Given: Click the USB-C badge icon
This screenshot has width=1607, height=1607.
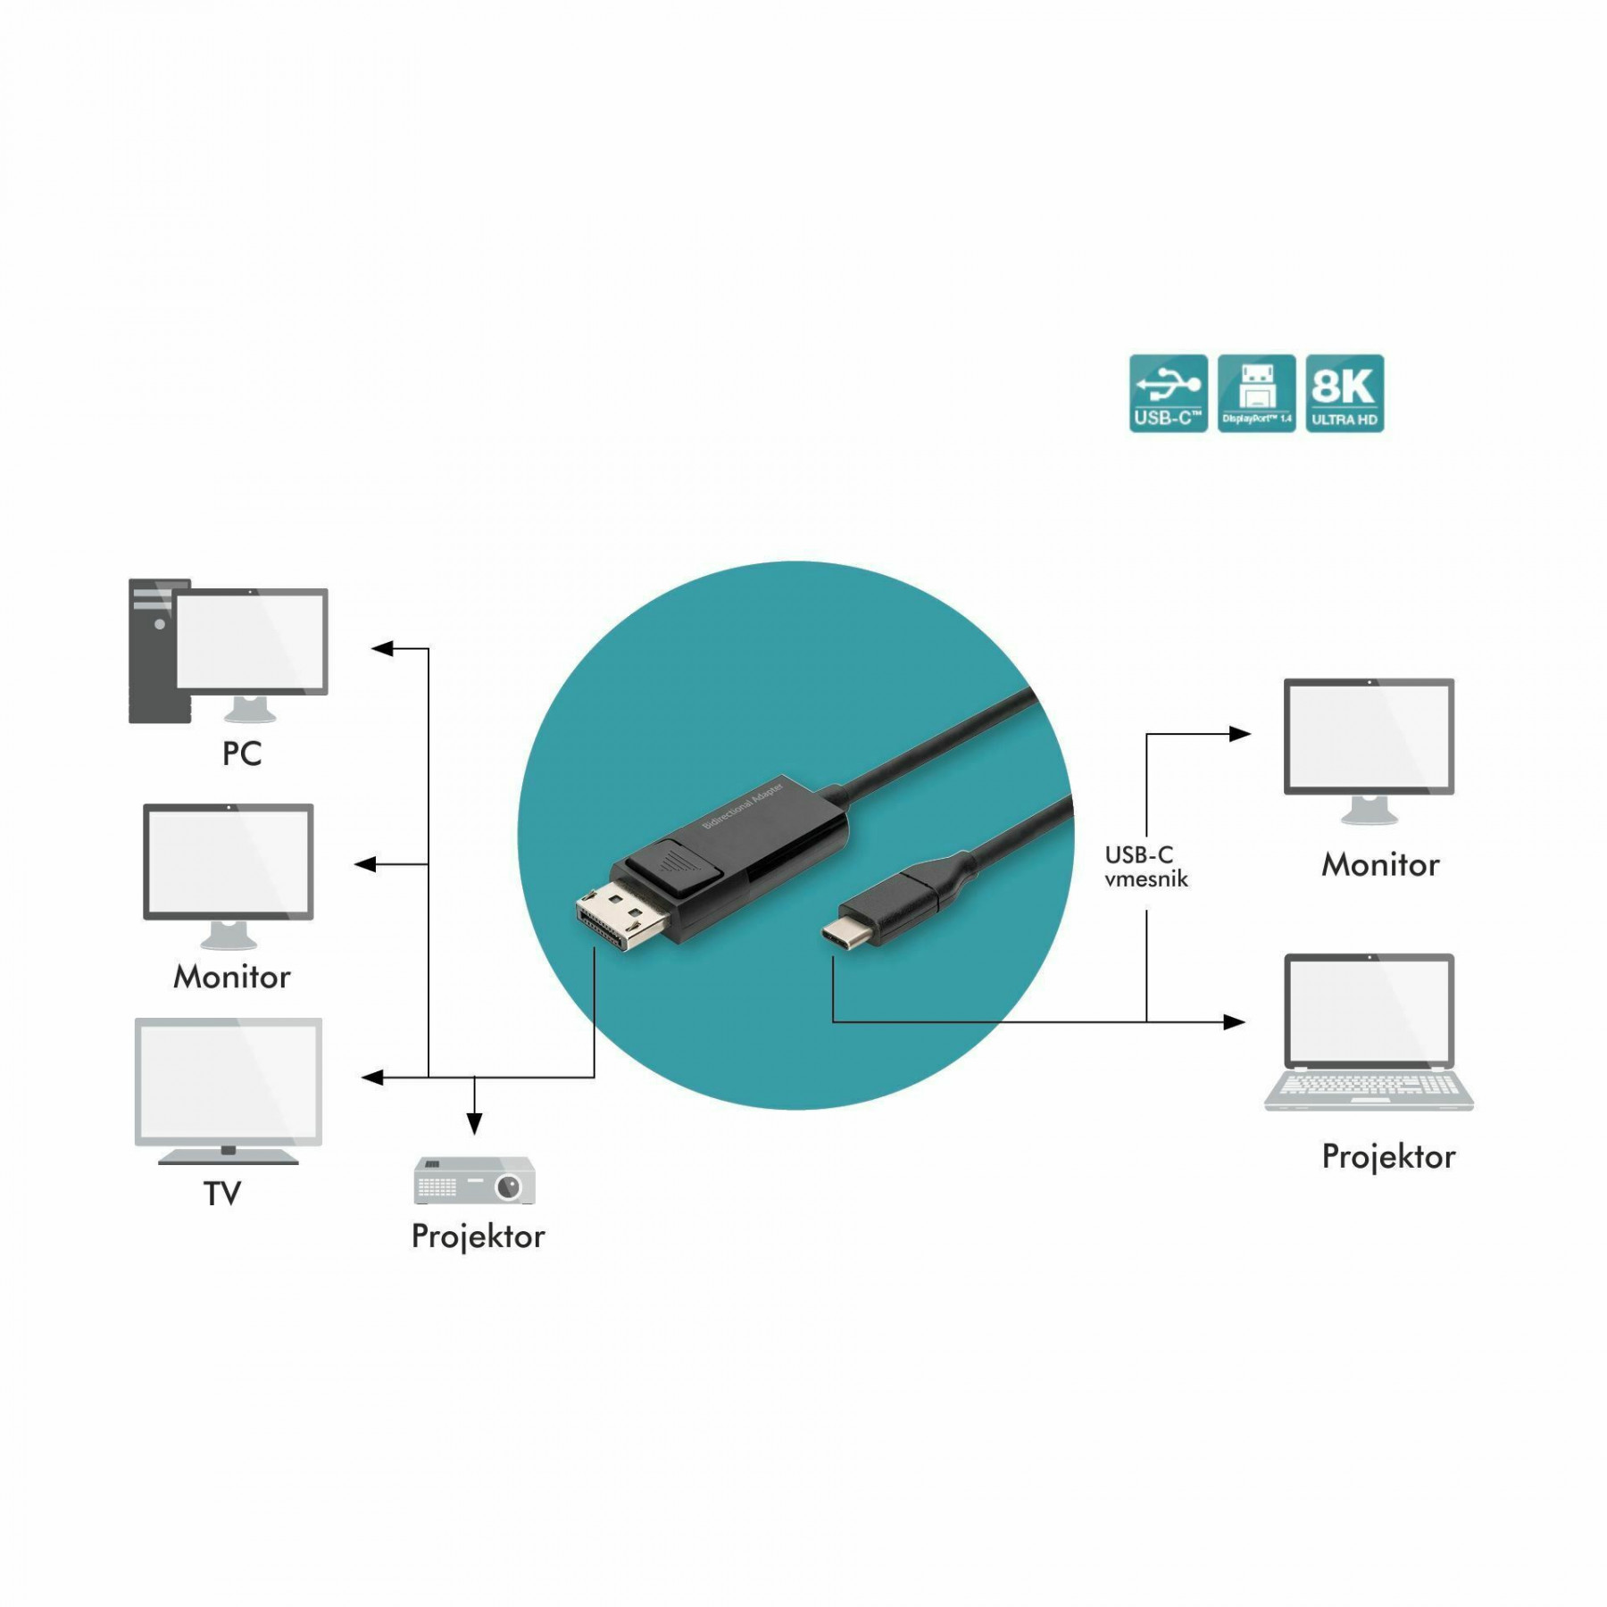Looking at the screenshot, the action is point(1168,394).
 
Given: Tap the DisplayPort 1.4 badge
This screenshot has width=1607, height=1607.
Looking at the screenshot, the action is point(1256,394).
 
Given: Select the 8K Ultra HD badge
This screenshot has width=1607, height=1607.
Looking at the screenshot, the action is point(1345,394).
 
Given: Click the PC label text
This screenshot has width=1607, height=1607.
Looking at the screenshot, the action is point(242,754).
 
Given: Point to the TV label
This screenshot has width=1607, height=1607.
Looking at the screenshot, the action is point(222,1194).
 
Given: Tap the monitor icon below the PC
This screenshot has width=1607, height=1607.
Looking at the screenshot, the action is point(229,876).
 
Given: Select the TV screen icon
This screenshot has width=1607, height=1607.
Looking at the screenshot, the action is point(229,1091).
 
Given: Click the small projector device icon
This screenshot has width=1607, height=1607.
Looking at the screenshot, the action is point(475,1179).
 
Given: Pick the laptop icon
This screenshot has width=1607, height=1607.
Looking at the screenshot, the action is point(1369,1032).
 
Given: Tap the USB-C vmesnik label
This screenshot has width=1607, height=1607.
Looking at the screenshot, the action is point(1146,867).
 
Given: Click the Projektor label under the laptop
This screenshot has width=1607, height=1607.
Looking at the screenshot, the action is point(1388,1157).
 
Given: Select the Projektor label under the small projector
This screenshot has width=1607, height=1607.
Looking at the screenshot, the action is point(478,1236).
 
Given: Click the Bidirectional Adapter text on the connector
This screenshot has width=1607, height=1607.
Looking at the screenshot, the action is point(743,805).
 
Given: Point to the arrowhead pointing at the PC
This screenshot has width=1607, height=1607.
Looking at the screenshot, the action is point(382,649).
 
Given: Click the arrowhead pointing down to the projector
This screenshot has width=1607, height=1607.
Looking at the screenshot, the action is point(475,1123).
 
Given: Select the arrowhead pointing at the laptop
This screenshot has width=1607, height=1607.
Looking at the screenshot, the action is point(1235,1021).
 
